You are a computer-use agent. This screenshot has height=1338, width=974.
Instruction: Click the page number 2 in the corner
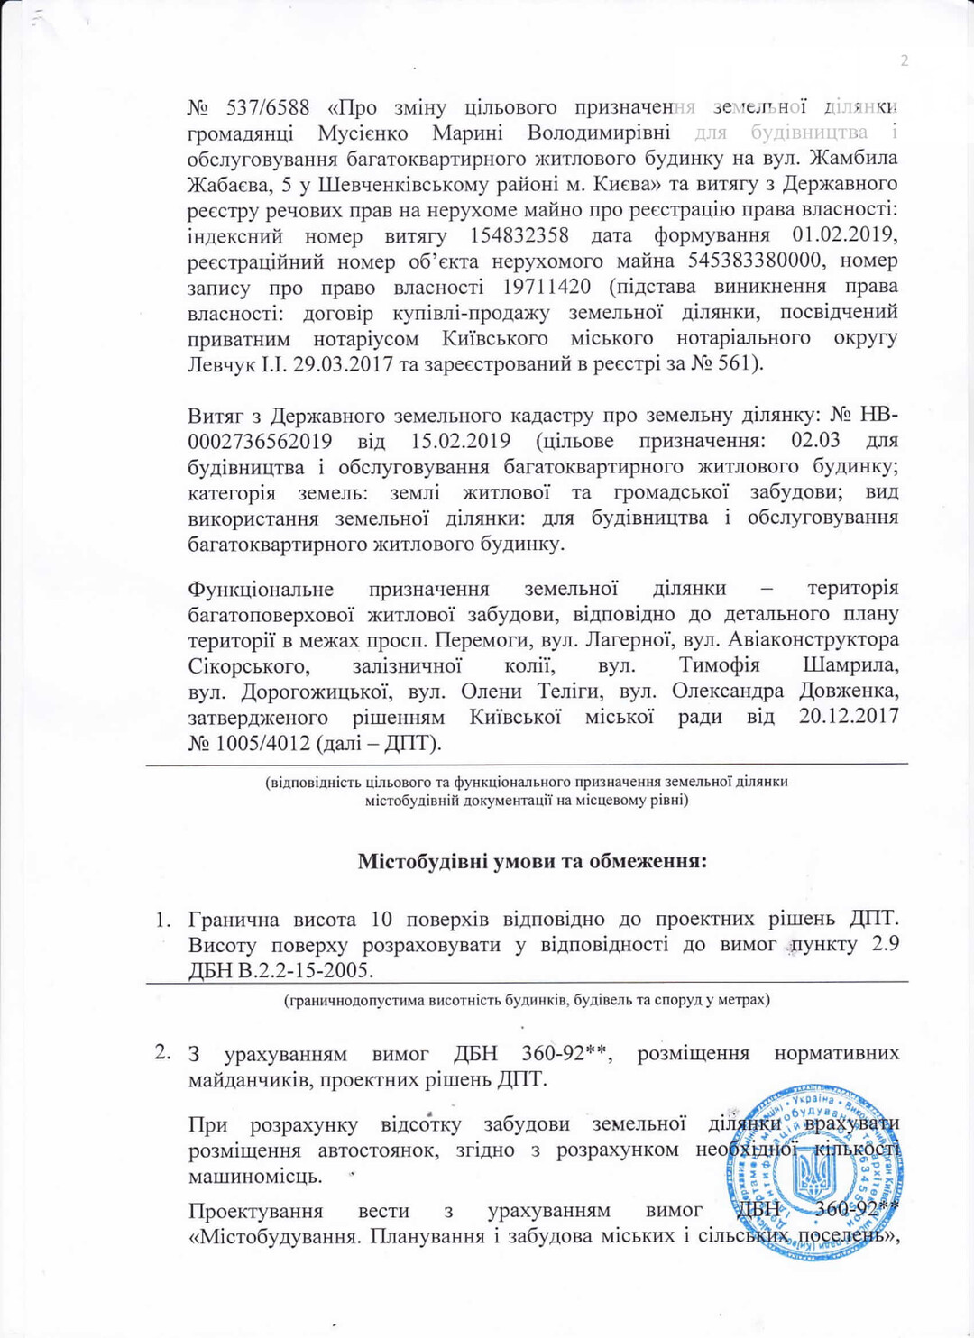pos(904,61)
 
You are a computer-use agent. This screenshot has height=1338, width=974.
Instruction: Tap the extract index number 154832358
pos(519,236)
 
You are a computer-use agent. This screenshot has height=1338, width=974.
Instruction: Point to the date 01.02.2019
pos(845,236)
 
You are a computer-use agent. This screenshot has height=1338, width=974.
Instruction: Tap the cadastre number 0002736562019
pos(260,443)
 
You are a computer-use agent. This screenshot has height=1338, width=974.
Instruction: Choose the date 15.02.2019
pos(461,443)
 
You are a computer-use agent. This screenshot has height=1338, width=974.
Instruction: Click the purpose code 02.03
pos(815,441)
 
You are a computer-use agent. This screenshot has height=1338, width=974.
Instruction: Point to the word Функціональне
pos(261,590)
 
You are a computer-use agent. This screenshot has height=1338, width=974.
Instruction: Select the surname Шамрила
pos(850,666)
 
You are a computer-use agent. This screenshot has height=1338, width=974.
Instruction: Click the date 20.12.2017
pos(849,718)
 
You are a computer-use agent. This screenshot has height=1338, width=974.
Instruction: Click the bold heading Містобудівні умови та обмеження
pos(532,861)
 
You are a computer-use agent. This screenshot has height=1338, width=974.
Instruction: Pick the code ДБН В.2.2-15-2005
pos(280,971)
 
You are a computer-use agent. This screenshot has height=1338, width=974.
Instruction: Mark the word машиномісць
pos(254,1177)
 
